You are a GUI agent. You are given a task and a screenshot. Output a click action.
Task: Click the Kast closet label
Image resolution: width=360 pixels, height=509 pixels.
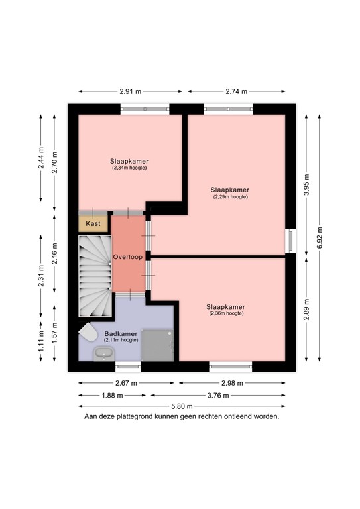pyautogui.click(x=93, y=224)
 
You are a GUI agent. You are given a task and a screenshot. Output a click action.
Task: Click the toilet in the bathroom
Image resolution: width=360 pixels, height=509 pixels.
pyautogui.click(x=87, y=332)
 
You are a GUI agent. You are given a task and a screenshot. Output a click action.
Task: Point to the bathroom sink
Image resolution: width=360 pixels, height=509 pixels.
pyautogui.click(x=103, y=353)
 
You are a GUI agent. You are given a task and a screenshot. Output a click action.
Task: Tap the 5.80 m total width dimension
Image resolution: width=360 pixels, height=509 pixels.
pyautogui.click(x=181, y=406)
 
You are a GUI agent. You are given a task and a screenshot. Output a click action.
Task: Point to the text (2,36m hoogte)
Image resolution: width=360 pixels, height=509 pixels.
pyautogui.click(x=225, y=313)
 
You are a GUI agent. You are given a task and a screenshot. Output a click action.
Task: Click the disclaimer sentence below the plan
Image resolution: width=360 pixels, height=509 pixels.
pyautogui.click(x=181, y=417)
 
